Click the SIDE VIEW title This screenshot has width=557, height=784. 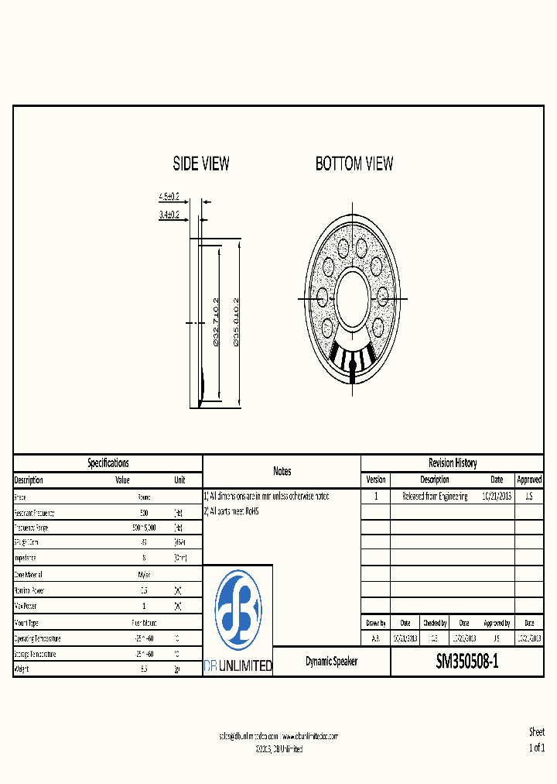tap(201, 163)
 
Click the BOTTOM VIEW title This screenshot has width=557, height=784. tap(354, 163)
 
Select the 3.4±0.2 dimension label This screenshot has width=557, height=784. tap(169, 215)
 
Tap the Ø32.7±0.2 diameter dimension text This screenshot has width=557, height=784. tap(216, 322)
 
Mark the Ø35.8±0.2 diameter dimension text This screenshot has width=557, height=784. tap(235, 322)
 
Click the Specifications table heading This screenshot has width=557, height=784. tap(108, 462)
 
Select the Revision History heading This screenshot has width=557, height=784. tap(453, 462)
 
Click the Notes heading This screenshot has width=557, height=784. tap(282, 471)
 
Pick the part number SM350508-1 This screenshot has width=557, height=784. tap(467, 662)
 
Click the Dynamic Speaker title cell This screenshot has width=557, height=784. tap(331, 662)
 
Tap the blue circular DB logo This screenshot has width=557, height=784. tap(237, 610)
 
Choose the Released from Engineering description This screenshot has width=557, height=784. tap(435, 496)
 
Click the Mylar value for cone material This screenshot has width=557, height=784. tap(144, 575)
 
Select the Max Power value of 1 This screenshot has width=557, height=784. tap(144, 606)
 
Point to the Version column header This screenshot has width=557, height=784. tap(375, 480)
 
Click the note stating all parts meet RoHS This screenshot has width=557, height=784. tap(231, 511)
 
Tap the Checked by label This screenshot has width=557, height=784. tap(434, 623)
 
